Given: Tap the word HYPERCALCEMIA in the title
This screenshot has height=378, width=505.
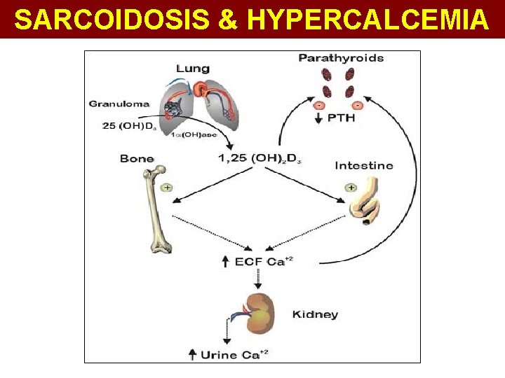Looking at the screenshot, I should (368, 20).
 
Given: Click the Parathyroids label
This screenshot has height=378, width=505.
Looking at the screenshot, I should (341, 58).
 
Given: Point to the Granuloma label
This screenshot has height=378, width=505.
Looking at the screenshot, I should (119, 104).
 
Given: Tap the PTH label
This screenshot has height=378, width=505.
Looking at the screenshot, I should (341, 118).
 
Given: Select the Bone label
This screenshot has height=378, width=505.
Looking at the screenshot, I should (137, 159).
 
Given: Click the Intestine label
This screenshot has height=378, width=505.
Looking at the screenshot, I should (364, 166).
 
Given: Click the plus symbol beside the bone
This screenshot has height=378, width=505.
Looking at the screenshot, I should (167, 188).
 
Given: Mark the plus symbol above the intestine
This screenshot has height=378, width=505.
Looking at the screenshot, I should (350, 188).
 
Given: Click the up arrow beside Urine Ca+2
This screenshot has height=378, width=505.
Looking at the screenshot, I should (192, 355).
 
